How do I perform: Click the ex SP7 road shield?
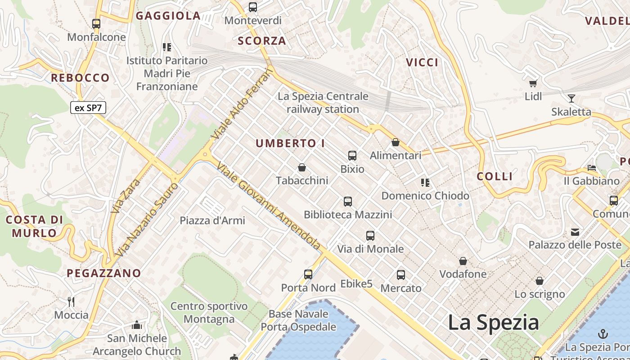coord(88,108)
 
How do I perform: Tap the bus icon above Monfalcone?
coord(96,24)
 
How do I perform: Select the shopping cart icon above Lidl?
coord(533,83)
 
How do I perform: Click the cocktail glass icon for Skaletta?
coord(571,99)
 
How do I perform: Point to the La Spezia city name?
coord(493,323)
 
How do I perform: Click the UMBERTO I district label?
coord(290,144)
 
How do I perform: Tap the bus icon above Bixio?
coord(352,156)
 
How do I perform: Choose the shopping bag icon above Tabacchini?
coord(302,167)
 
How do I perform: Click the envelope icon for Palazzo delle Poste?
coord(575,232)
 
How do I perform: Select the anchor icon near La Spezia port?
coord(603,334)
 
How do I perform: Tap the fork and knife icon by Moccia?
coord(71,301)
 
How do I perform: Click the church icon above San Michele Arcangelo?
coord(137,325)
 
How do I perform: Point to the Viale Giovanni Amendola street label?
coord(269,206)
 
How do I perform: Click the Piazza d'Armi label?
coord(212,220)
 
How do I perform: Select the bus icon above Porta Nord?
coord(308,274)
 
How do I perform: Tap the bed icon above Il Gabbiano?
coord(592,168)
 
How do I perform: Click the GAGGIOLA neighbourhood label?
coord(168,16)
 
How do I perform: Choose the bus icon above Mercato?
coord(401,274)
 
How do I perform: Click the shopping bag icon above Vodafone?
coord(463,261)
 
